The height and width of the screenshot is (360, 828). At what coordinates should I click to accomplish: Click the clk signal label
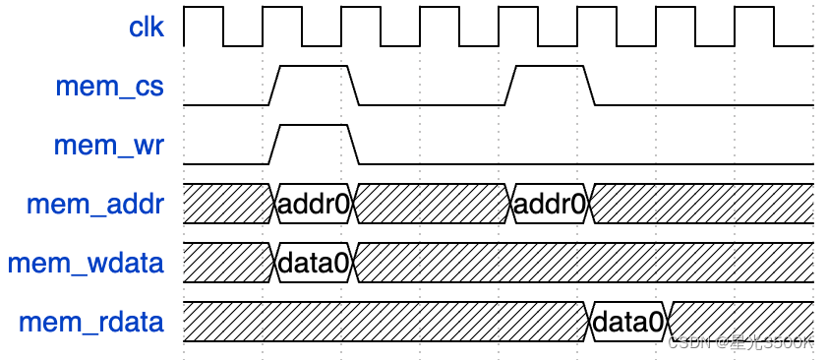click(147, 28)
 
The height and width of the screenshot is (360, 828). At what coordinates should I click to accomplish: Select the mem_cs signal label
click(108, 87)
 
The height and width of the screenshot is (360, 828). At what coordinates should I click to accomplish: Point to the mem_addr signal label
click(95, 205)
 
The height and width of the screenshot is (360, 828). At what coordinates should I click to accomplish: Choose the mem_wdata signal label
click(86, 264)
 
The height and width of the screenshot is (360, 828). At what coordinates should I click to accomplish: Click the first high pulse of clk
click(204, 10)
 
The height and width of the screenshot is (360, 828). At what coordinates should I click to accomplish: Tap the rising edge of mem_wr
click(275, 145)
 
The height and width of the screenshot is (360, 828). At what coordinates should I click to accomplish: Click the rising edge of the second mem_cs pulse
click(511, 86)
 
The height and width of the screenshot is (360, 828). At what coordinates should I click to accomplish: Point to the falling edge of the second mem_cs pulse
click(590, 86)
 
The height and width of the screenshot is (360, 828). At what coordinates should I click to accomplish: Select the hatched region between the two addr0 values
click(433, 205)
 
